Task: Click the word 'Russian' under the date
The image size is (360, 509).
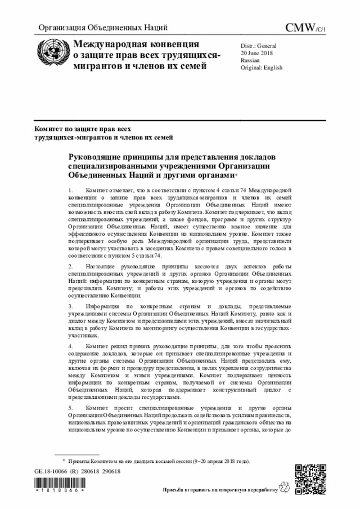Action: tap(250, 59)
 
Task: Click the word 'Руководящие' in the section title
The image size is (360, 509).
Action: tap(94, 155)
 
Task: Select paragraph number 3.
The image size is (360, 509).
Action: tap(70, 305)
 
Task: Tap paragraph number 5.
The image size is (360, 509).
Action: tap(70, 407)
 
